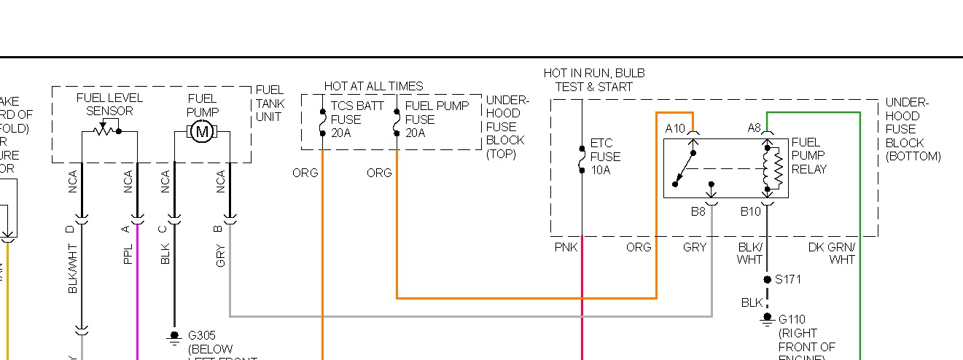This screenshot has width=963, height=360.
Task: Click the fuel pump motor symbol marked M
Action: coord(202,132)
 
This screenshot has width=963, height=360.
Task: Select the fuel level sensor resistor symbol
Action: coord(104,132)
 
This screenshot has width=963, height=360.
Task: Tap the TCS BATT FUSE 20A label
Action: coord(357,119)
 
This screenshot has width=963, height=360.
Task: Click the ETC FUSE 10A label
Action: coord(605,157)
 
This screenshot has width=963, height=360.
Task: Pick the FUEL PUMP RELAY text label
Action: coord(809,156)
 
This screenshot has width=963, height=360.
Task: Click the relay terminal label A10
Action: coord(676,128)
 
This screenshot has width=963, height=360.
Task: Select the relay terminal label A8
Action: coord(755,128)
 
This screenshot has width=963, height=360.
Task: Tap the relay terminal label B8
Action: coord(698,212)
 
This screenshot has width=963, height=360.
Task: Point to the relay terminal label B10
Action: coord(751,212)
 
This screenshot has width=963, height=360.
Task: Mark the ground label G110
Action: coord(793,319)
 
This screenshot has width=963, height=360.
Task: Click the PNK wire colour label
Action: coord(566,248)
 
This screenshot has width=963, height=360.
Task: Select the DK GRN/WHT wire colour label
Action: coord(832,253)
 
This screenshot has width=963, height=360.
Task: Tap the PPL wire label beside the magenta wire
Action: coord(128,254)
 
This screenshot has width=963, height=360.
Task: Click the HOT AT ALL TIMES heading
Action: coord(373,86)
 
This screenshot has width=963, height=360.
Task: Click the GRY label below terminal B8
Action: coord(695,248)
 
